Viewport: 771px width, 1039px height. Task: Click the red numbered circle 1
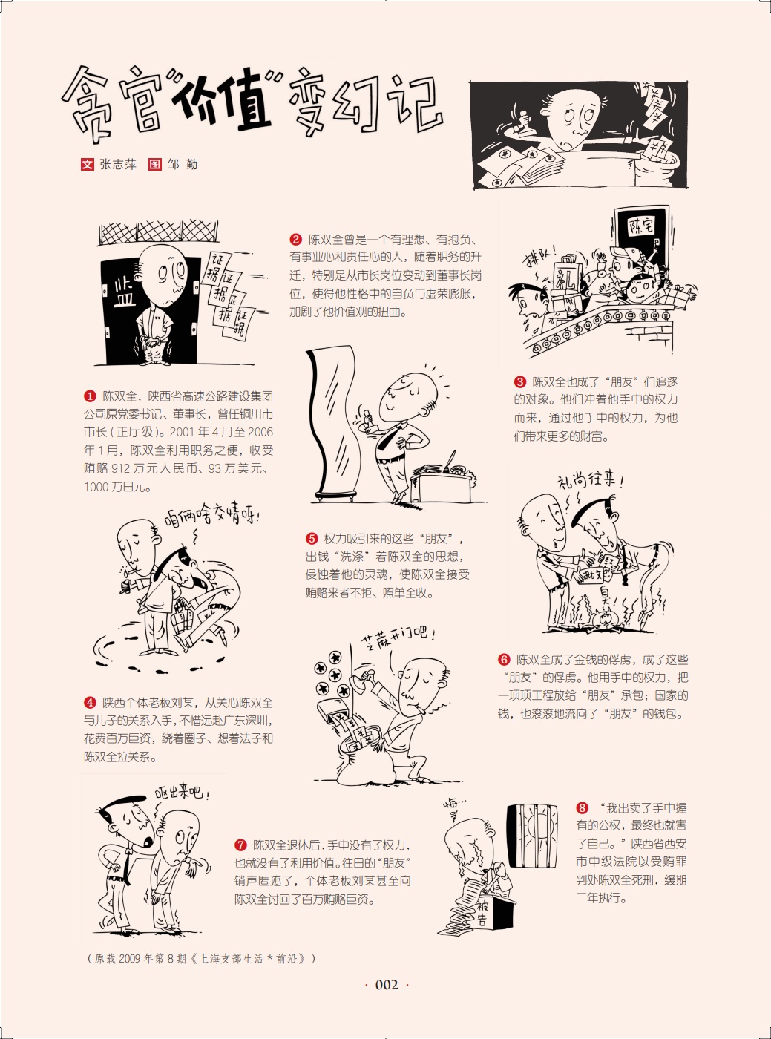90,396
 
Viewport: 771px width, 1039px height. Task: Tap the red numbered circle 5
312,539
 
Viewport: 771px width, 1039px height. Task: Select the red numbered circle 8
583,808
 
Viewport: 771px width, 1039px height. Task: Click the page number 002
387,985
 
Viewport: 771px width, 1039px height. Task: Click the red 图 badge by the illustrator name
155,165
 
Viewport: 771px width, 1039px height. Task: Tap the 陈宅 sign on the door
642,227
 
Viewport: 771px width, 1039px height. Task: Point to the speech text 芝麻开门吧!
400,637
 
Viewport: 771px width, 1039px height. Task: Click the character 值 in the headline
243,102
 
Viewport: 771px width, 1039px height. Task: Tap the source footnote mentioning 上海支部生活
202,958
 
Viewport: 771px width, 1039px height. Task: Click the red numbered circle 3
519,381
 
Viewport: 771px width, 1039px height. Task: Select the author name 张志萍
117,165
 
